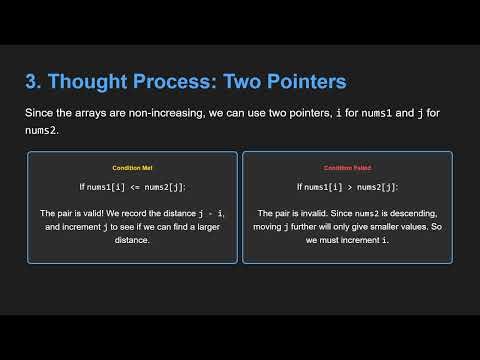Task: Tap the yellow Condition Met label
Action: [x=132, y=167]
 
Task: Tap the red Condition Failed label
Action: [x=347, y=167]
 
